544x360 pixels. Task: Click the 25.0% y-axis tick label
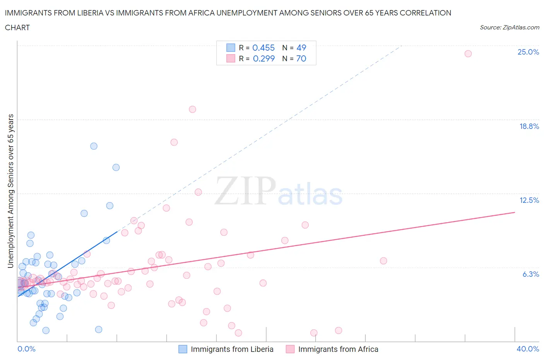(x=528, y=52)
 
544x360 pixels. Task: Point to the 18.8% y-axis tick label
(x=529, y=126)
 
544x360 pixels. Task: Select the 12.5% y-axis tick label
(x=529, y=200)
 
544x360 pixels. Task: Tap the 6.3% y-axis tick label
(x=530, y=274)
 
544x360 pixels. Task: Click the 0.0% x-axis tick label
(x=26, y=349)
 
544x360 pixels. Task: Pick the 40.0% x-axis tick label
(x=528, y=349)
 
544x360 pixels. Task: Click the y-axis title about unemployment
(x=11, y=191)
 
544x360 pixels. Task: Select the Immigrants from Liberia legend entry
(x=232, y=349)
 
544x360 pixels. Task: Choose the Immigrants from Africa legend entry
(x=338, y=349)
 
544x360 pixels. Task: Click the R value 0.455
(x=263, y=48)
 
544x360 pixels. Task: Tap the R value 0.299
(x=263, y=58)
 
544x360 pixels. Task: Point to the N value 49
(x=301, y=48)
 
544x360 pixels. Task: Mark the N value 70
(x=301, y=58)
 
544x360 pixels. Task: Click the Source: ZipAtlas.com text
(x=509, y=27)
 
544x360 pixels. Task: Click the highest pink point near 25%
(x=468, y=54)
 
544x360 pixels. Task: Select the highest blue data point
(x=94, y=146)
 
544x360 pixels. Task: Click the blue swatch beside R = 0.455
(x=231, y=48)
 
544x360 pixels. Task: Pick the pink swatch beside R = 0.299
(x=231, y=58)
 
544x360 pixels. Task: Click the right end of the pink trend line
(x=515, y=212)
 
